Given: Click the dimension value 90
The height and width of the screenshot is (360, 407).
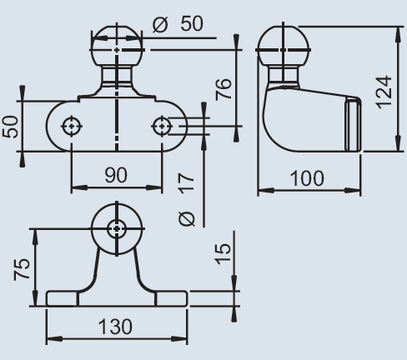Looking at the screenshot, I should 116,176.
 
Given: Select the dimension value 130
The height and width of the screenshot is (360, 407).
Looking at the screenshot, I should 116,326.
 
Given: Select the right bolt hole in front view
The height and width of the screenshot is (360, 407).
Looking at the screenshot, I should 162,125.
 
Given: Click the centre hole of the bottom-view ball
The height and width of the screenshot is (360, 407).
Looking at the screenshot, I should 117,227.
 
